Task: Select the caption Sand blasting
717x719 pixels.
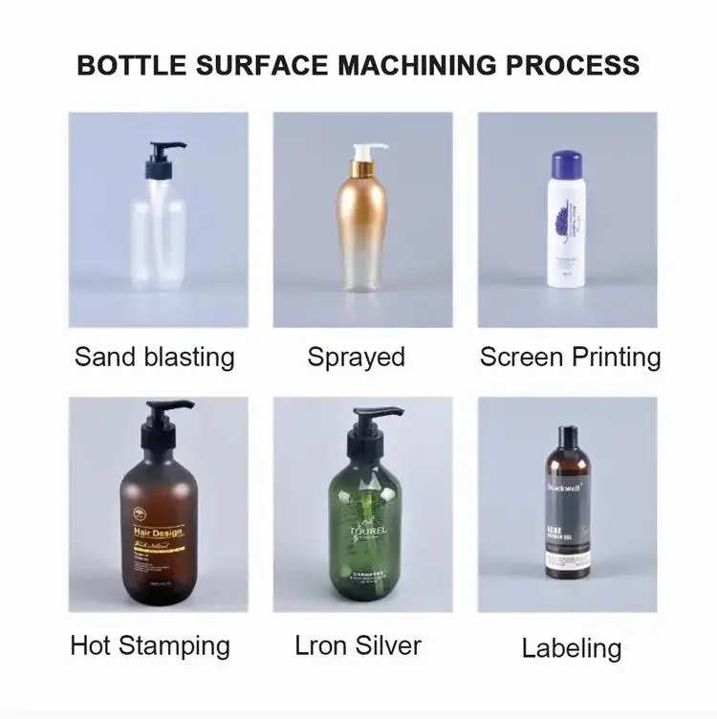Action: (x=154, y=357)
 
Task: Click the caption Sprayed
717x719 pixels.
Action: (x=356, y=357)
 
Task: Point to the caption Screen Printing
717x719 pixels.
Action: (x=570, y=357)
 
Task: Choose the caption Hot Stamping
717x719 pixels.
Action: (x=150, y=645)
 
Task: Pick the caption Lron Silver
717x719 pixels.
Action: (x=358, y=645)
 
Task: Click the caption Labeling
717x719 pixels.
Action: (x=571, y=648)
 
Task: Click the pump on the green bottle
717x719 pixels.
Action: (x=367, y=423)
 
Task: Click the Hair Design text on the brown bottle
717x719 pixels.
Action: (x=158, y=532)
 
